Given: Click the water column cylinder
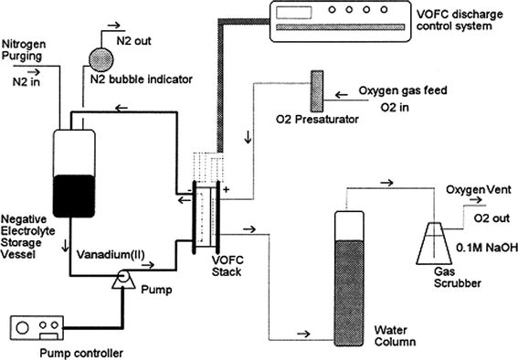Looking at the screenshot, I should [x=344, y=279].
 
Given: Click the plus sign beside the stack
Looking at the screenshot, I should [x=225, y=193].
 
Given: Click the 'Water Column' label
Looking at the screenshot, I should [x=400, y=334].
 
